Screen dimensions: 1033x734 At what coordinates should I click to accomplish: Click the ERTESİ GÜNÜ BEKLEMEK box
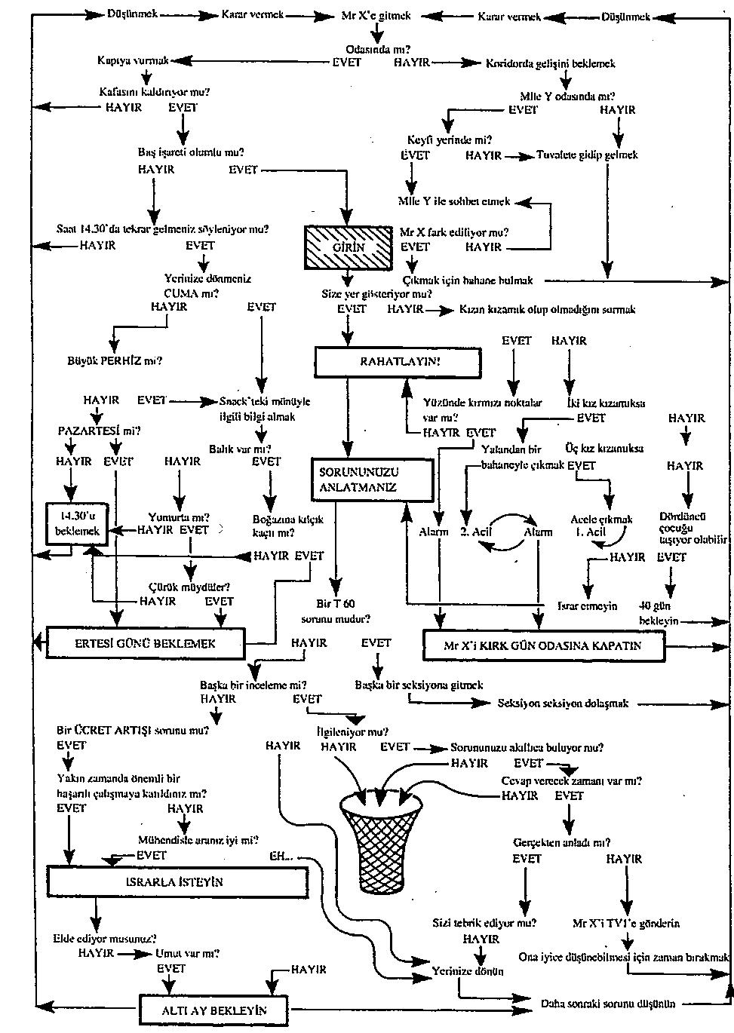(146, 623)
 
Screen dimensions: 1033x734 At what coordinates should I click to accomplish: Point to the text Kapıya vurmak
(133, 60)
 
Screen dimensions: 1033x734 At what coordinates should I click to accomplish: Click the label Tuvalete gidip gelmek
(587, 155)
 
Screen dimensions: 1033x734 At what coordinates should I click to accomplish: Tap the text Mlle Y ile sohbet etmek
(454, 202)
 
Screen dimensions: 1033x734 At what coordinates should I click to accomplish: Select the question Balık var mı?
(240, 449)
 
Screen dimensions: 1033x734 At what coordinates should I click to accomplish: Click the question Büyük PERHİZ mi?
(115, 360)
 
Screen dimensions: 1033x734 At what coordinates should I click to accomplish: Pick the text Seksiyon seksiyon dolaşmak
(563, 703)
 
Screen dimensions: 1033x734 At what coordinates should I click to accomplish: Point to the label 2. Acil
(475, 532)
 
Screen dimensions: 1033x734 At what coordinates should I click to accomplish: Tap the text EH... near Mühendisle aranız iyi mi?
(282, 857)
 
